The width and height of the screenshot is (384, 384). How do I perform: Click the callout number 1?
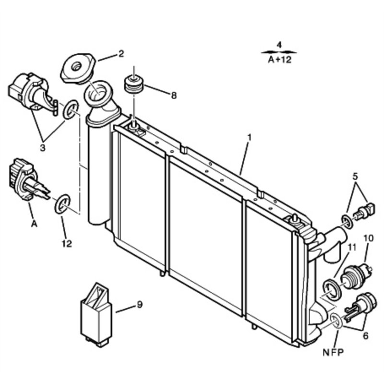click(249, 137)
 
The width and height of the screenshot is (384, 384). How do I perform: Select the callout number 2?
click(121, 54)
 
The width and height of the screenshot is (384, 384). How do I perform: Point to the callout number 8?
click(173, 96)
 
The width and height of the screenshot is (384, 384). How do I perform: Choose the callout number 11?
click(352, 247)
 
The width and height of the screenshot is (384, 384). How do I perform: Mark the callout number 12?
click(66, 243)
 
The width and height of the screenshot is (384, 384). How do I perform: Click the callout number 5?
click(355, 176)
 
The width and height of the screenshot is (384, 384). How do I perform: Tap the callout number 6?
click(366, 336)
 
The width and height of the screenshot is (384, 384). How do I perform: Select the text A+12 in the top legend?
click(279, 60)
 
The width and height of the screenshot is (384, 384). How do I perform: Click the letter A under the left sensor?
click(34, 224)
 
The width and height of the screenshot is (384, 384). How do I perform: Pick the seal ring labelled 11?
click(330, 289)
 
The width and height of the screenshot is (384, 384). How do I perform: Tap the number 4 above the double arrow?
click(279, 45)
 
